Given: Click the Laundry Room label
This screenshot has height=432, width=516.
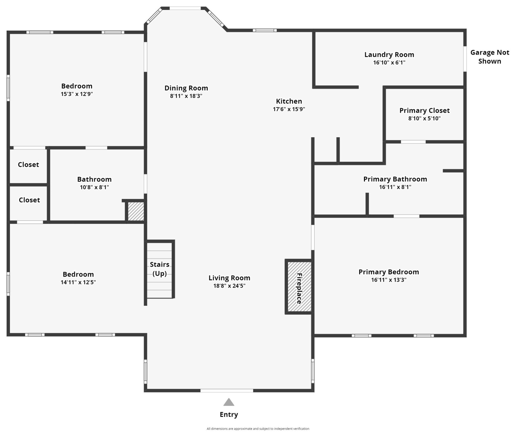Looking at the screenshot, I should click(x=389, y=55).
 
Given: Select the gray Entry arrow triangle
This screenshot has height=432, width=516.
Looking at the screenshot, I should click(x=229, y=402).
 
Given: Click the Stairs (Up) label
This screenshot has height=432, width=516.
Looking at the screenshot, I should click(x=160, y=269).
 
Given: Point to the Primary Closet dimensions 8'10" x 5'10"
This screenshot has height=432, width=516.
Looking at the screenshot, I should click(x=424, y=118).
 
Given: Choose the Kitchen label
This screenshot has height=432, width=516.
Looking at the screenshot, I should click(x=289, y=101).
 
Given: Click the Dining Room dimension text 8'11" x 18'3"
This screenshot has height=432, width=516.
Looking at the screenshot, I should click(x=186, y=96).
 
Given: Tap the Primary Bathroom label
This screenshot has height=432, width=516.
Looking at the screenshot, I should click(x=395, y=179).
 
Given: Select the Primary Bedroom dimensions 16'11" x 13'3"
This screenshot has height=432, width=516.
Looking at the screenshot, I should click(x=388, y=280).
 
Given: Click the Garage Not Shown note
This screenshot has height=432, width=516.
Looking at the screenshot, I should click(x=490, y=57).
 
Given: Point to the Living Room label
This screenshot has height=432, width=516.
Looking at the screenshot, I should click(x=229, y=278).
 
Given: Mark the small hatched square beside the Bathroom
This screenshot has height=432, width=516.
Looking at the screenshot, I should click(x=136, y=211).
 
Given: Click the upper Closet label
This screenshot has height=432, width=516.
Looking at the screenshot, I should click(x=28, y=165).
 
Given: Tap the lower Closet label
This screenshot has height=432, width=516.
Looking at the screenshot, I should click(x=29, y=200).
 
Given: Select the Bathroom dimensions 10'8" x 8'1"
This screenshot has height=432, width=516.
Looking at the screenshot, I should click(x=94, y=187).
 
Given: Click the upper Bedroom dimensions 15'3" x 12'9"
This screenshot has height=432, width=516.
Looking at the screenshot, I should click(x=77, y=94).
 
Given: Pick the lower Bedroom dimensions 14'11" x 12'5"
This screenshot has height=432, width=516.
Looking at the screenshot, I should click(x=78, y=282).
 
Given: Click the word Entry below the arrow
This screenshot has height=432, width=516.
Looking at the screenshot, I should click(x=229, y=414).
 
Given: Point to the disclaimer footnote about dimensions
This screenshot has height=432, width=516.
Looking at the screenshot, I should click(x=258, y=429).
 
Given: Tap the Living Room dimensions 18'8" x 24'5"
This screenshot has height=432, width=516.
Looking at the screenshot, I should click(x=229, y=286).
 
